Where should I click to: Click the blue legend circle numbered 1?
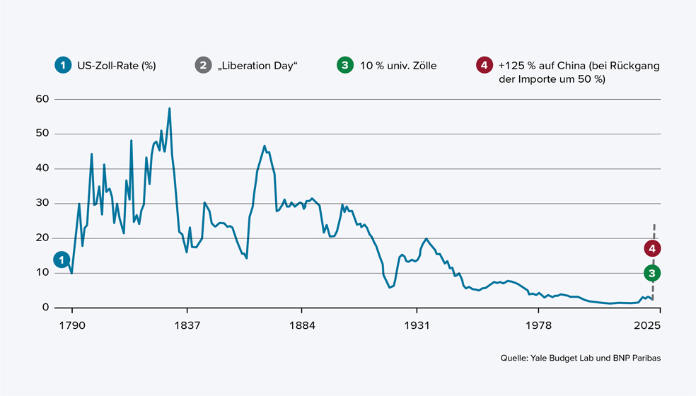coord(62,66)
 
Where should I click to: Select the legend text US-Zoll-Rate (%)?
coord(116,66)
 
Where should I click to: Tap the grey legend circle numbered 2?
coord(203,66)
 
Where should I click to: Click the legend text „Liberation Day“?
coord(258,66)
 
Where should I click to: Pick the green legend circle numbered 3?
coord(344,66)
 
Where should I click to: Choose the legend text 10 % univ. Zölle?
coord(398,66)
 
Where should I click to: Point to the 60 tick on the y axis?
coord(41,99)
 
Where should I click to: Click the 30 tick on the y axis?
coord(41,203)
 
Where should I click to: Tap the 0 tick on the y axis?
coord(45,308)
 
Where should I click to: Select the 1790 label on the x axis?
coord(72,326)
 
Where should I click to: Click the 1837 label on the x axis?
coord(187,326)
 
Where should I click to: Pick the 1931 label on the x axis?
coord(417,326)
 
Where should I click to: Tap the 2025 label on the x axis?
coord(648,326)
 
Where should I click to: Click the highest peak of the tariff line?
coord(170,108)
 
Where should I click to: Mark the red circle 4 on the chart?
coord(653,248)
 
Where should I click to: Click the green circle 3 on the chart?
coord(653,273)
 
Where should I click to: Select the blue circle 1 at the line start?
coord(62,260)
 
